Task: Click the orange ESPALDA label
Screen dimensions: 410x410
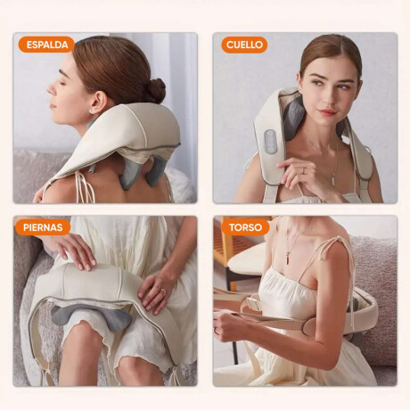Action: [x=46, y=45]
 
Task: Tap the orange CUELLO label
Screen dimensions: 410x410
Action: [x=244, y=45]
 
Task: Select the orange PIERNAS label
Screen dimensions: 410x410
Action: [x=43, y=227]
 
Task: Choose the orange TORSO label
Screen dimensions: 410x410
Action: [x=245, y=227]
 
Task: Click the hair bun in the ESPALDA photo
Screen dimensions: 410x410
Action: [x=156, y=91]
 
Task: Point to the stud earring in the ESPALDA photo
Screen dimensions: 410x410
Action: [x=91, y=111]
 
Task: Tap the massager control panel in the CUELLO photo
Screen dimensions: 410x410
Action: [x=270, y=142]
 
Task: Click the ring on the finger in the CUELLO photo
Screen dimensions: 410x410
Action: [x=303, y=170]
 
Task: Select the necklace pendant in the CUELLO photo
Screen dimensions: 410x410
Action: [x=333, y=181]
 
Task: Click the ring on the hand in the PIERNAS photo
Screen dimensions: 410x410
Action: [x=163, y=292]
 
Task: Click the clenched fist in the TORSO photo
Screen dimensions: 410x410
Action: [x=226, y=324]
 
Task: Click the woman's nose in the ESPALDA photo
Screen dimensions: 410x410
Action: [x=52, y=88]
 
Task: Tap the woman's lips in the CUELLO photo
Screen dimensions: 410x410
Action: [x=327, y=112]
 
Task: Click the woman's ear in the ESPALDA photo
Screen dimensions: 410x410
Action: [x=97, y=102]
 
